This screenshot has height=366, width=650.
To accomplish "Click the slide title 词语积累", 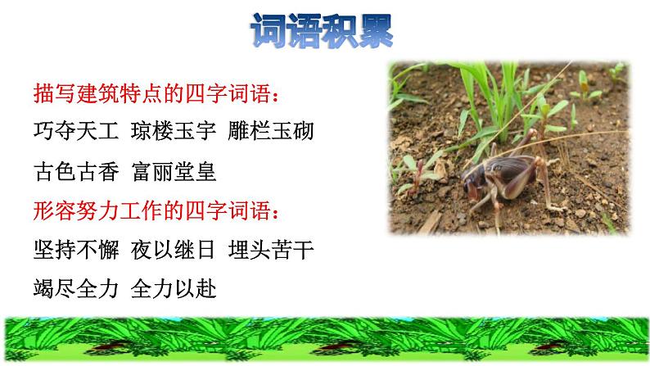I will tap(321, 31).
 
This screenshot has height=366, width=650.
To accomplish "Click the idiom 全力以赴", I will tap(178, 289).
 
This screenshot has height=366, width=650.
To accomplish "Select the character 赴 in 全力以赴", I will tap(208, 289).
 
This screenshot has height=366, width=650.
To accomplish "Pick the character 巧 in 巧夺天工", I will tap(46, 131).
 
